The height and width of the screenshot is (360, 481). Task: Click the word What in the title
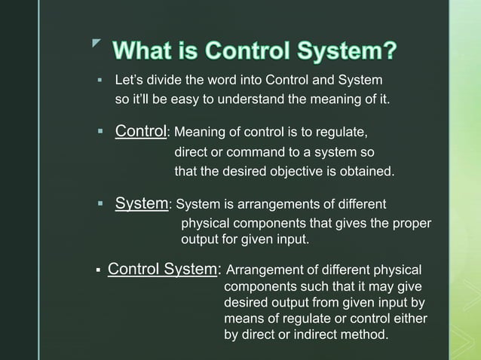point(149,53)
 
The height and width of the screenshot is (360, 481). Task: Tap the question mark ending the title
point(388,53)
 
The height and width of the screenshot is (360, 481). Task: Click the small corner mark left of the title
point(95,47)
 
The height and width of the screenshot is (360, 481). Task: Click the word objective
point(285,172)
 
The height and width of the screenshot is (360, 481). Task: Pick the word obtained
point(364,172)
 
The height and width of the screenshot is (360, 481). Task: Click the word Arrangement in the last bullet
point(263,270)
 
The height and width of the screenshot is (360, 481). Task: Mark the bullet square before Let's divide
point(98,80)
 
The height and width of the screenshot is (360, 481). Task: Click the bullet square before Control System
point(98,270)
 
